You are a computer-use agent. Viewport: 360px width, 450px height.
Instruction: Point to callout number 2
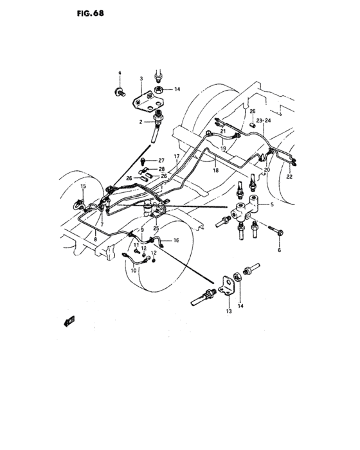(140, 121)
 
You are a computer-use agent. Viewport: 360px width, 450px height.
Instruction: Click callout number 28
(162, 169)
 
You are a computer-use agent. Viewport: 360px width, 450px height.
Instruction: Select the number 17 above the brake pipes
(175, 157)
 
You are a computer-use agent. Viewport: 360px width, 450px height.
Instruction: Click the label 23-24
(264, 120)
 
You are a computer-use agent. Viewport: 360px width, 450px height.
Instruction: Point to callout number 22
(289, 177)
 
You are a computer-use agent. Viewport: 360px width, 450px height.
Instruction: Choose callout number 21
(223, 132)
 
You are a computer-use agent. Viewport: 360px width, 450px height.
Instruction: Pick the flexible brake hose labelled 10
(136, 260)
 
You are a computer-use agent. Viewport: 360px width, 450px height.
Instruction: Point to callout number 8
(95, 240)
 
